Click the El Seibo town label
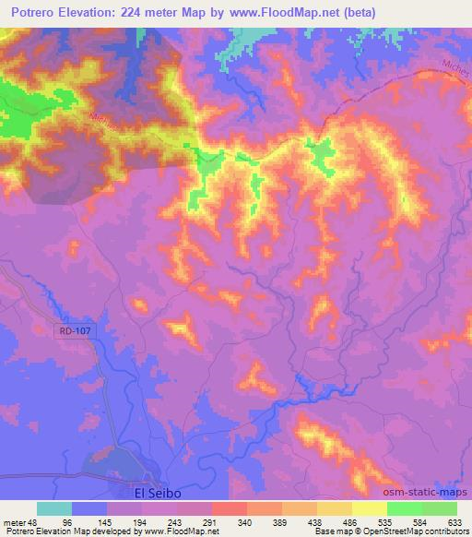(x=153, y=493)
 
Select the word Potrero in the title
(x=30, y=12)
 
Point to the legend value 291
(x=210, y=522)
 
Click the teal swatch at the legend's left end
(x=54, y=508)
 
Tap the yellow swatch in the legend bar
(x=369, y=508)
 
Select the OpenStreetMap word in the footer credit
(x=388, y=532)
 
